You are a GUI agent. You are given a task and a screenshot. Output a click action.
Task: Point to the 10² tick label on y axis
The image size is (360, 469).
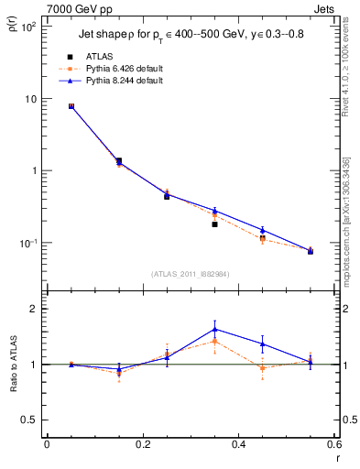tap(28, 27)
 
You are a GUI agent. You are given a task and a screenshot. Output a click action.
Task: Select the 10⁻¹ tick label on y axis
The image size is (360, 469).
tap(28, 243)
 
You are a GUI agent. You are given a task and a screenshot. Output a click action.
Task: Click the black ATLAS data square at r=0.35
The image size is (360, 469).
tap(214, 224)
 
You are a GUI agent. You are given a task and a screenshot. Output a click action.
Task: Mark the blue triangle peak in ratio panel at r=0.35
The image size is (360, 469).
tap(214, 329)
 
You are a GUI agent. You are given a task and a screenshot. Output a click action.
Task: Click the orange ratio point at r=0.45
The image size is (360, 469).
tap(263, 368)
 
